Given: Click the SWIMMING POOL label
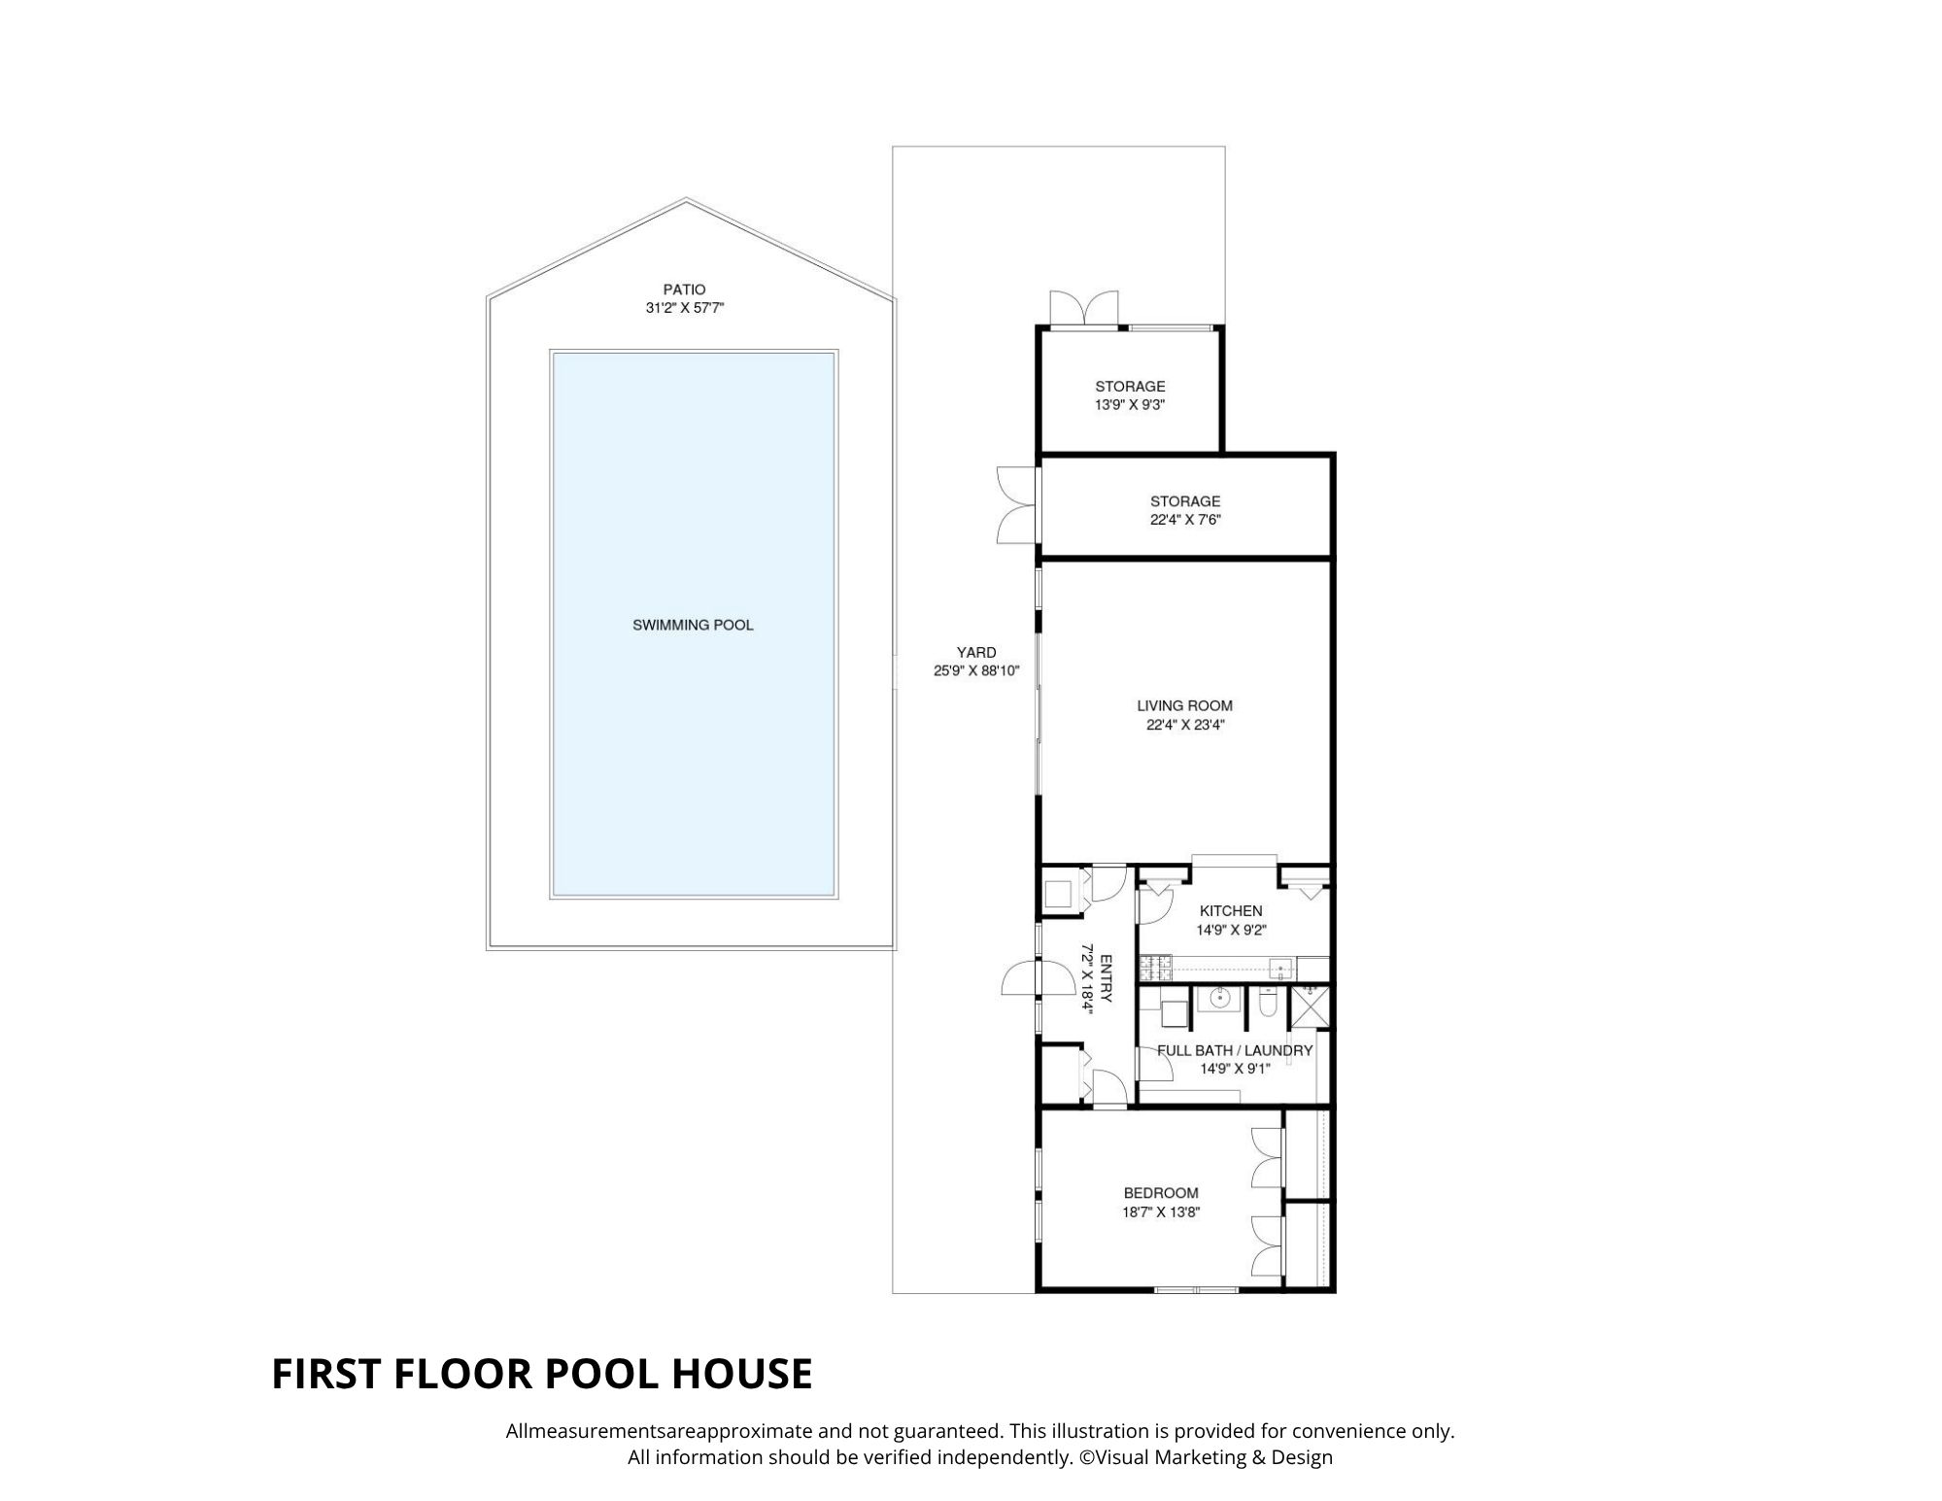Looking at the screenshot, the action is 693,625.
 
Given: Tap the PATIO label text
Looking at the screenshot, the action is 684,290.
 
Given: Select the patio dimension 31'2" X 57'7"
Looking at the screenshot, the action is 685,308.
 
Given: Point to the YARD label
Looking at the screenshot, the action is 976,652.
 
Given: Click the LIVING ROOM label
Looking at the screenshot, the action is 1184,705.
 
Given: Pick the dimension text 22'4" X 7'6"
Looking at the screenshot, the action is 1184,520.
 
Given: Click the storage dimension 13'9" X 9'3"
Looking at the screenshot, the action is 1130,405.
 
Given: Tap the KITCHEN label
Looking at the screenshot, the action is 1231,910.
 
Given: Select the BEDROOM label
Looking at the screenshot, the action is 1161,1193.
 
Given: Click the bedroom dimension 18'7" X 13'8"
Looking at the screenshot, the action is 1162,1211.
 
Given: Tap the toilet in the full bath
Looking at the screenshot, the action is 1265,1002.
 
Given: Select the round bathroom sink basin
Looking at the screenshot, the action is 1218,998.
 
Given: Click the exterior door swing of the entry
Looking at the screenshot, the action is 1019,977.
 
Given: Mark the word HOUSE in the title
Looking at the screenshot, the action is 742,1374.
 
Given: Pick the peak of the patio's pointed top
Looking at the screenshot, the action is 686,199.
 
